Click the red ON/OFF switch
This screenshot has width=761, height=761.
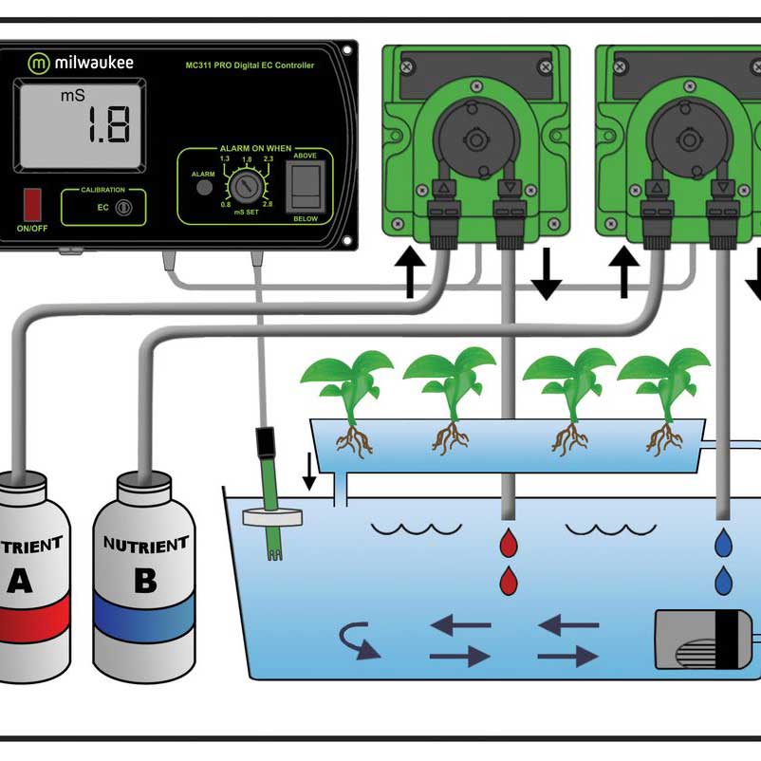[33, 204]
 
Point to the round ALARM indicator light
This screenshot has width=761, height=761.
[203, 188]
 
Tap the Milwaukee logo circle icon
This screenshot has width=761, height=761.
[39, 64]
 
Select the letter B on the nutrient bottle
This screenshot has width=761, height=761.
[145, 579]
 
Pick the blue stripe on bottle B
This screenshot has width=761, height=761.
[145, 622]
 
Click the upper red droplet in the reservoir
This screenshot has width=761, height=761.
[509, 545]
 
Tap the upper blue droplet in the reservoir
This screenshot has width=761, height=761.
[724, 543]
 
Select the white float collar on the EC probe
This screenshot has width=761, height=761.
[270, 517]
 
